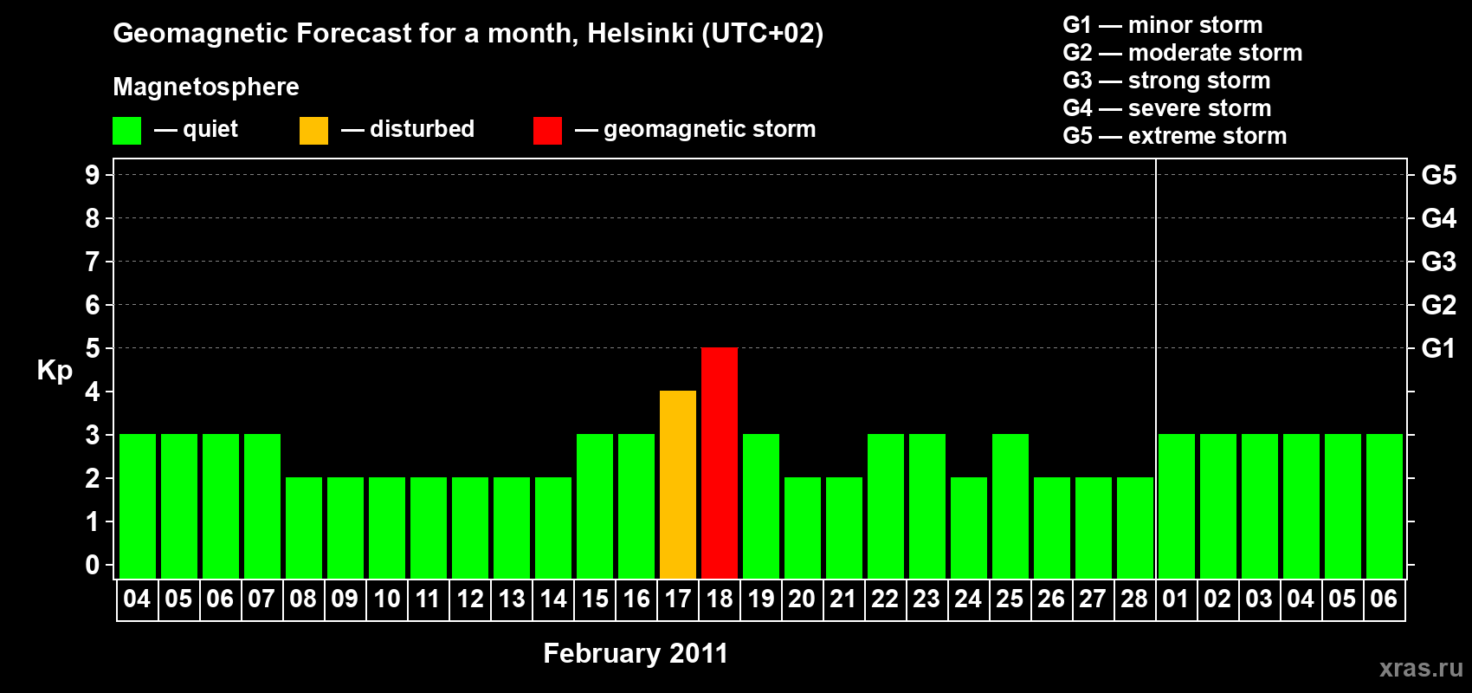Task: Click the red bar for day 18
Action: click(720, 463)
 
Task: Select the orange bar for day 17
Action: click(677, 484)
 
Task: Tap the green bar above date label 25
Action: click(1010, 506)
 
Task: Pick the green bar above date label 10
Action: click(387, 528)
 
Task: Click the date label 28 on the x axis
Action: click(1134, 599)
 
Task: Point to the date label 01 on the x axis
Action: click(1176, 599)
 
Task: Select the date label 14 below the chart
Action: click(553, 599)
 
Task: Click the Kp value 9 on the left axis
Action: click(92, 175)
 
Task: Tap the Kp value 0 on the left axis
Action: click(92, 565)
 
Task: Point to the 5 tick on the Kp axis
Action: click(92, 348)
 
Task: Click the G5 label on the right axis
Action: click(1438, 175)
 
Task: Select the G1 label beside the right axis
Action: click(1438, 348)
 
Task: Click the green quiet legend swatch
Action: click(126, 130)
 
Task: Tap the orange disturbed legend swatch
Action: click(313, 130)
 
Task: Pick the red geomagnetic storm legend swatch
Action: click(548, 130)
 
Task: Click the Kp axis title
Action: click(55, 371)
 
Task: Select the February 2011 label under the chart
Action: click(636, 653)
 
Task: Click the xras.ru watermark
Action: click(1422, 668)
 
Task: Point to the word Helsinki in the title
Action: click(640, 33)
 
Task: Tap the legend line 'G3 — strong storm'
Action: click(1166, 81)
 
